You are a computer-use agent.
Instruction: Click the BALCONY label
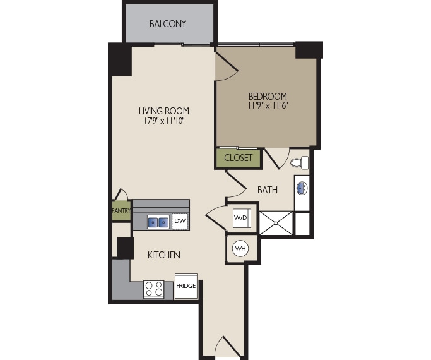pyautogui.click(x=168, y=24)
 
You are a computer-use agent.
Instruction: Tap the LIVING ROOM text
pyautogui.click(x=164, y=111)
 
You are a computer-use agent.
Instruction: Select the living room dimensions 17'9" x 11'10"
pyautogui.click(x=164, y=121)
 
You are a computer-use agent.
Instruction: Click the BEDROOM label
pyautogui.click(x=268, y=97)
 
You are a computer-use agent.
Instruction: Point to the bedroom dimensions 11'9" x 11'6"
pyautogui.click(x=268, y=107)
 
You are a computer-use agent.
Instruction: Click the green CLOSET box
pyautogui.click(x=238, y=158)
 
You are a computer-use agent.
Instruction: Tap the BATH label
pyautogui.click(x=268, y=189)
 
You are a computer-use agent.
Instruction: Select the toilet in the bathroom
pyautogui.click(x=301, y=162)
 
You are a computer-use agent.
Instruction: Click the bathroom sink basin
pyautogui.click(x=302, y=188)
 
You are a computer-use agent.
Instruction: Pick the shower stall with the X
pyautogui.click(x=276, y=223)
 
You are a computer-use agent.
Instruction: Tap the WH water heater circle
pyautogui.click(x=240, y=248)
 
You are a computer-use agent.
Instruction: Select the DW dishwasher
pyautogui.click(x=180, y=221)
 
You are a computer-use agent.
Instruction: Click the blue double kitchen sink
pyautogui.click(x=158, y=222)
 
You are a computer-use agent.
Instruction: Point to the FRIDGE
pyautogui.click(x=186, y=286)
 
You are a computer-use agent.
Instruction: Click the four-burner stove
pyautogui.click(x=154, y=289)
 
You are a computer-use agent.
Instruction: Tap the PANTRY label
pyautogui.click(x=121, y=210)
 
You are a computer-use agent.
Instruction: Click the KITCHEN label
pyautogui.click(x=164, y=255)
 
